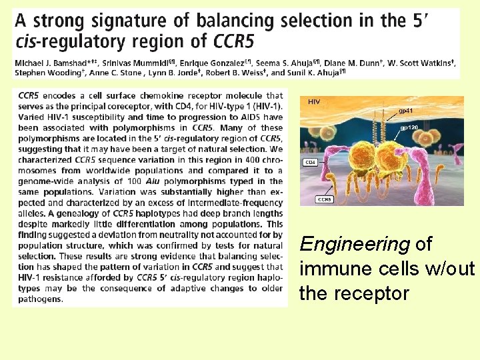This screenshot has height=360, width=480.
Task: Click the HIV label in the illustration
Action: pos(315,101)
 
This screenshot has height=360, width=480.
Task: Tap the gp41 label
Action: pos(405,110)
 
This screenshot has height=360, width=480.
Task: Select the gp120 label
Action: pos(409,127)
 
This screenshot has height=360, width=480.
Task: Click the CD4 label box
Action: pos(311,162)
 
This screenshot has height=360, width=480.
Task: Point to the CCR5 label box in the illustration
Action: pos(325,199)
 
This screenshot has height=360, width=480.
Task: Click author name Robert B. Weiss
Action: pos(241,73)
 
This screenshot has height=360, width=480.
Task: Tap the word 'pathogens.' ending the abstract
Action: pos(41,299)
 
